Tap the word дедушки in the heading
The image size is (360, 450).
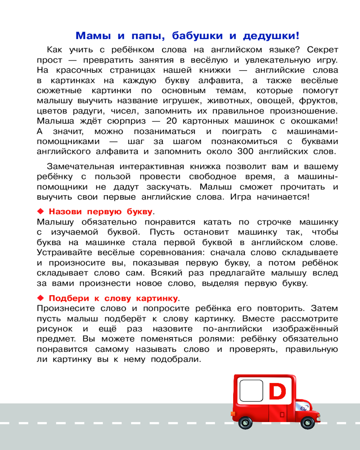[x=269, y=36]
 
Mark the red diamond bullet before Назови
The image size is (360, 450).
[x=40, y=211]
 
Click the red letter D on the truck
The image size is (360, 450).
[x=277, y=391]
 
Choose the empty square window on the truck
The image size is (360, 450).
[x=251, y=391]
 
